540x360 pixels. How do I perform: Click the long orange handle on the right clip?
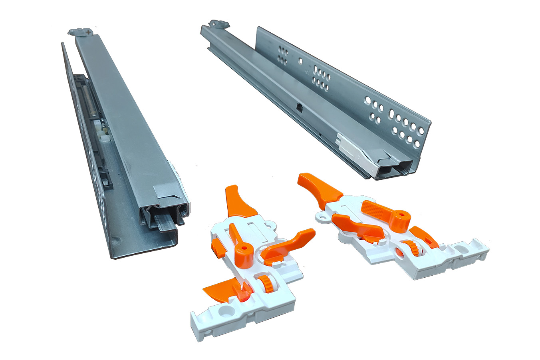(319, 186)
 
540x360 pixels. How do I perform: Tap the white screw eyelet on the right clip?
(322, 217)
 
